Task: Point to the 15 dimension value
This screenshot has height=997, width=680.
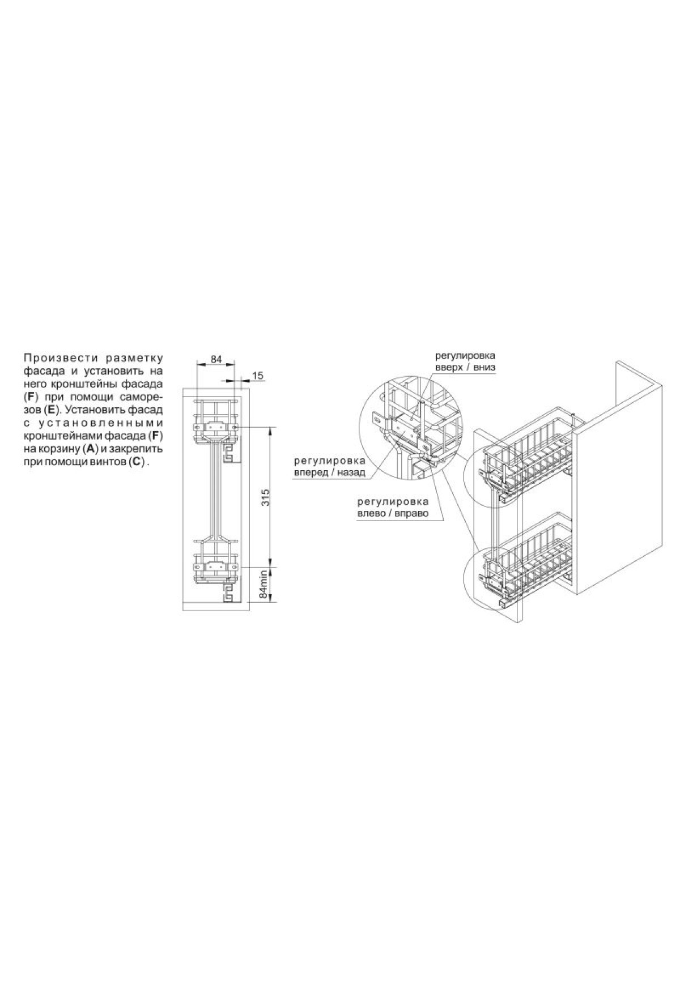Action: point(258,376)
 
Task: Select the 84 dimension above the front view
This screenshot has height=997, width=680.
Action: point(215,359)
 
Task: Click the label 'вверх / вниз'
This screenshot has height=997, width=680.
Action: point(465,368)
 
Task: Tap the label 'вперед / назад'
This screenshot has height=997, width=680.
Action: point(329,472)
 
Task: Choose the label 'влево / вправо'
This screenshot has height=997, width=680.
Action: point(393,513)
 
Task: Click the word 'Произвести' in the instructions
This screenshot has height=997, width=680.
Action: point(54,359)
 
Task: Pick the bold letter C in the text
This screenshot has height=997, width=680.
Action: point(136,462)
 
